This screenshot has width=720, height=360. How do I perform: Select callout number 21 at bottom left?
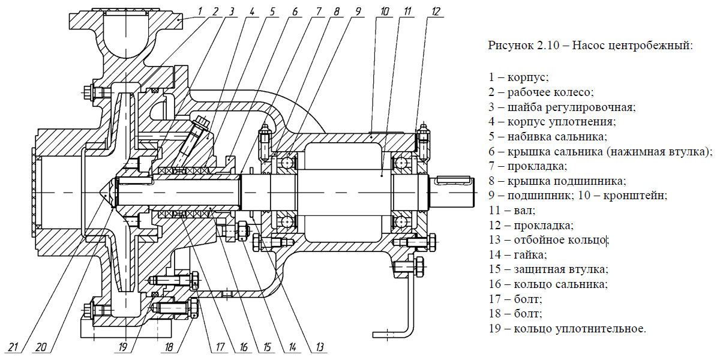14,347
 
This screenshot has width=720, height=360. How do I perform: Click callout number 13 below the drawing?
320,347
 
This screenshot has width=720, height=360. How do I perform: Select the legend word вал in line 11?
521,211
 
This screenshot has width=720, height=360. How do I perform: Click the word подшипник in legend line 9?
533,196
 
